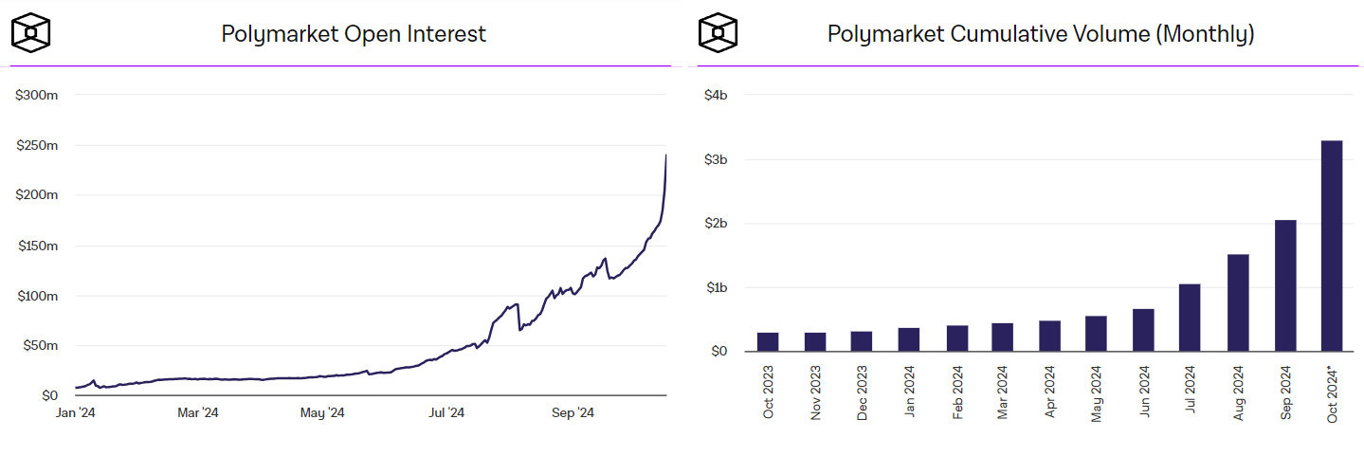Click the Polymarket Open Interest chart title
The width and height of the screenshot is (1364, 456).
click(x=353, y=34)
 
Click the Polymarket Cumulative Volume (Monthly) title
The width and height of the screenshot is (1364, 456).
click(x=1041, y=34)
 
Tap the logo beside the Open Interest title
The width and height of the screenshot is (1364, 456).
click(x=30, y=33)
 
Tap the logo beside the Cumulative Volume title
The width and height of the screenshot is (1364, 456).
click(x=718, y=33)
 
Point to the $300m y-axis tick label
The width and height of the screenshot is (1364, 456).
click(x=37, y=95)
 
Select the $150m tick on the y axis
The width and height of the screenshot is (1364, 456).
click(x=37, y=246)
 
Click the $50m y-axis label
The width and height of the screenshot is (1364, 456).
click(x=40, y=345)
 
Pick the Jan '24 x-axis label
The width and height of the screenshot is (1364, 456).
click(x=75, y=413)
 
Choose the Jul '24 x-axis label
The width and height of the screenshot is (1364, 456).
click(x=446, y=413)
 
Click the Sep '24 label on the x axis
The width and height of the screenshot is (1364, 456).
click(x=572, y=413)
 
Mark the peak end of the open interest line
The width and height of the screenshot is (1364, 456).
click(x=665, y=156)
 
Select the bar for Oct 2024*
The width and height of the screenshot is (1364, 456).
click(x=1332, y=246)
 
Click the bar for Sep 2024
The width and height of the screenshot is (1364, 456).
click(x=1285, y=285)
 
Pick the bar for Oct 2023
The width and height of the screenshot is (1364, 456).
click(x=768, y=341)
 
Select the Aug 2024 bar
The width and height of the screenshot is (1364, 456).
click(x=1238, y=302)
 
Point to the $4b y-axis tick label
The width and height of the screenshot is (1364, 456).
click(x=715, y=95)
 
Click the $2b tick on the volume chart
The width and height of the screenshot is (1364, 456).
click(x=715, y=223)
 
